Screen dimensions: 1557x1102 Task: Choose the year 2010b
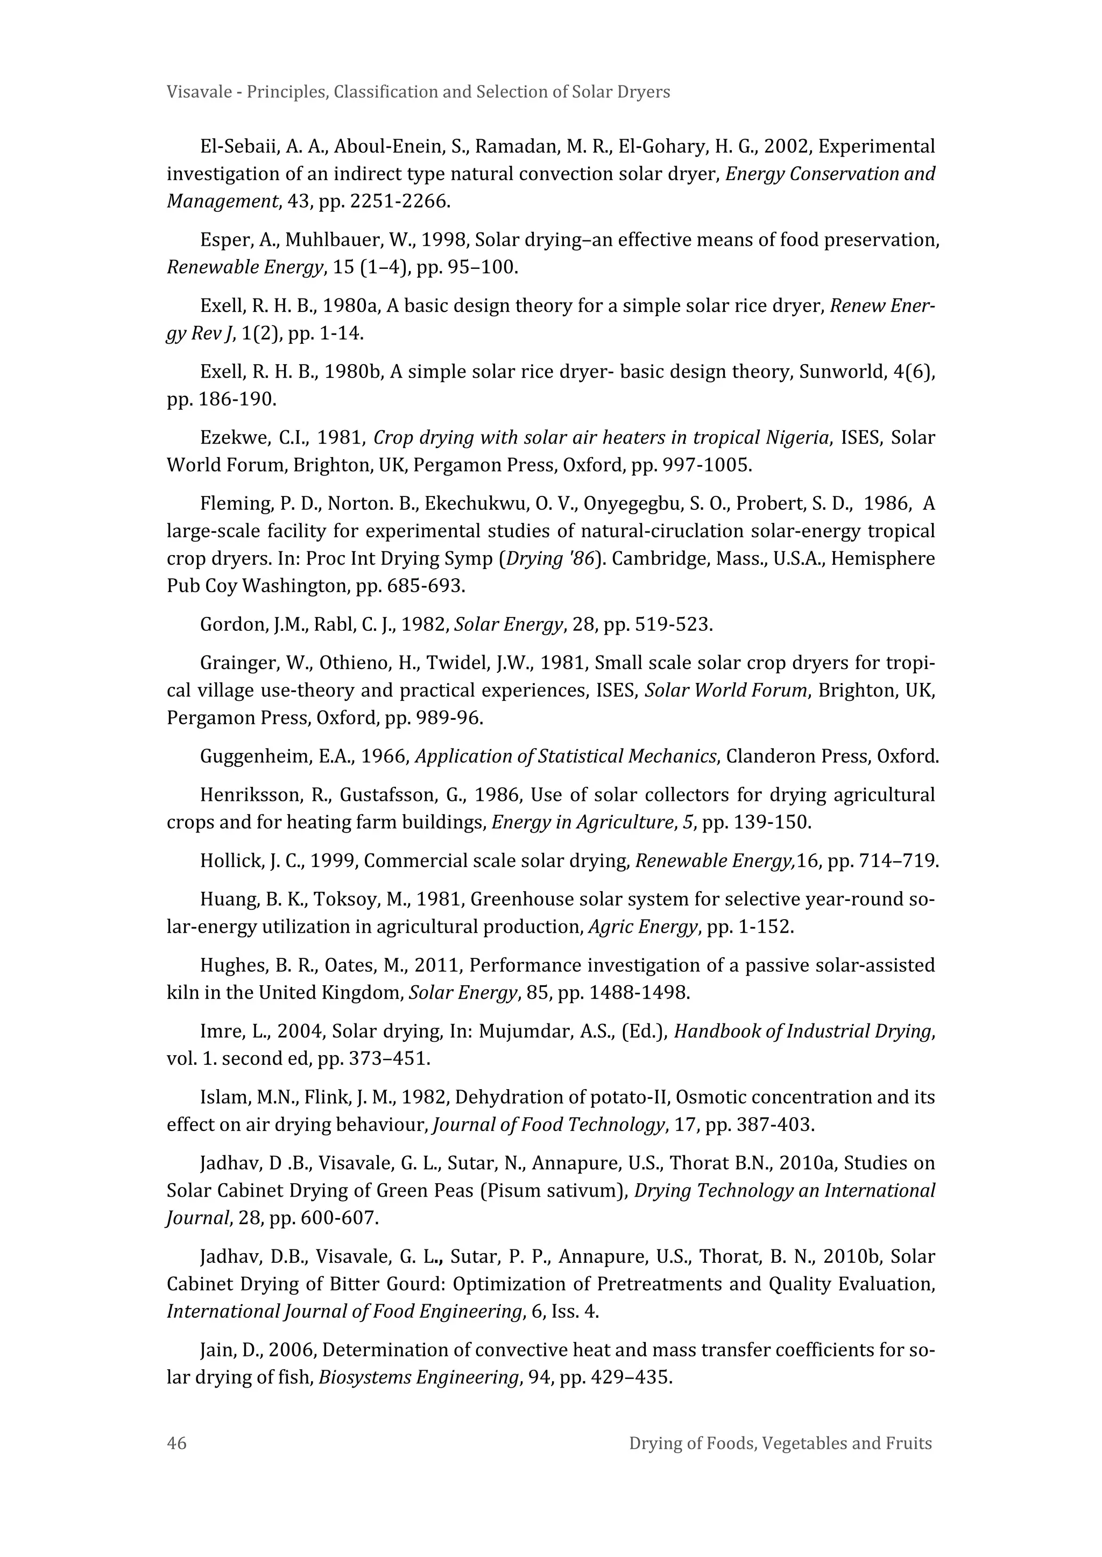(x=851, y=1256)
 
